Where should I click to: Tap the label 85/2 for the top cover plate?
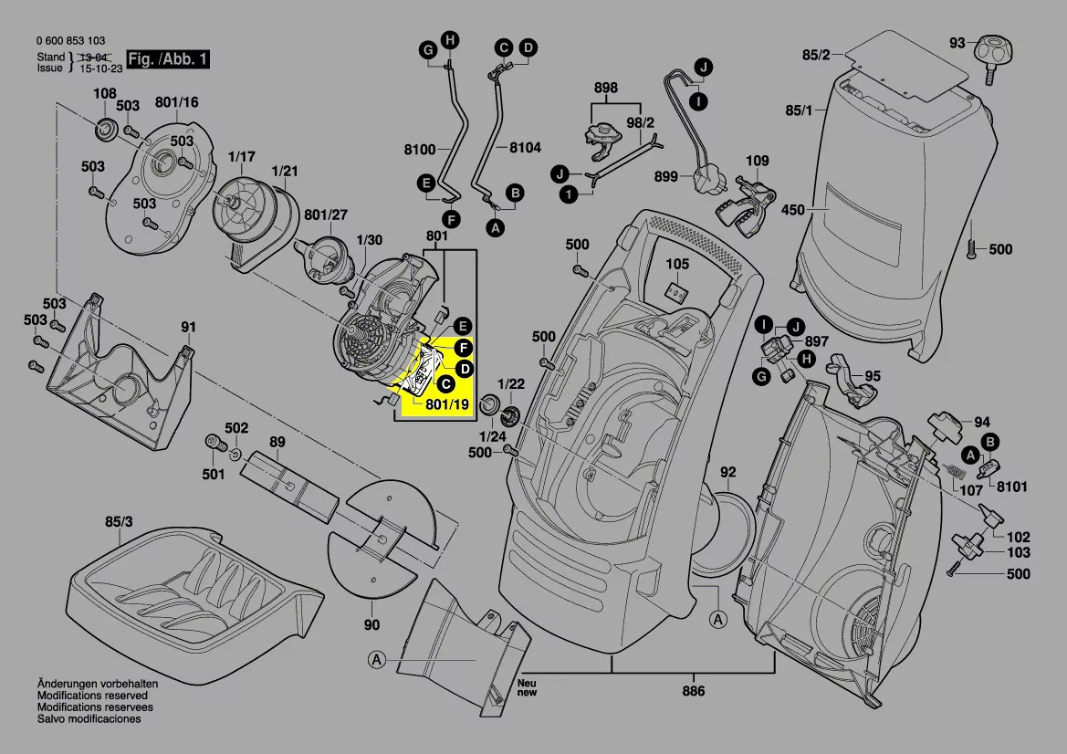(x=816, y=56)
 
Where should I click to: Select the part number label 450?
(x=793, y=211)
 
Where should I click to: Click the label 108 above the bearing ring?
(x=105, y=93)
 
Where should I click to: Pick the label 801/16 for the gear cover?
(x=176, y=102)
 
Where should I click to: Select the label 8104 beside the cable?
(x=525, y=147)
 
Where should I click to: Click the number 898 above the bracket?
(x=605, y=89)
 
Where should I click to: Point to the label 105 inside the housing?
(x=676, y=264)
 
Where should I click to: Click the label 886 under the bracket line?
(x=694, y=691)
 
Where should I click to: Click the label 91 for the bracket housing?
(x=188, y=327)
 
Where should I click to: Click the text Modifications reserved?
(x=86, y=696)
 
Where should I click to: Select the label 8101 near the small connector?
(x=1011, y=487)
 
